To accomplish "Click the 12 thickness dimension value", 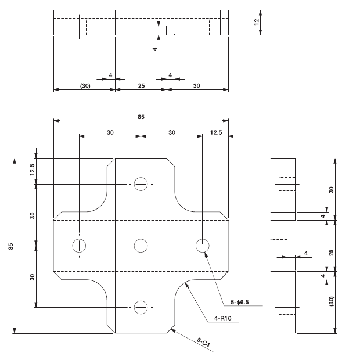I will [256, 22].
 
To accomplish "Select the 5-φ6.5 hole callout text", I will [239, 302].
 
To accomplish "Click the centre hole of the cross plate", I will [141, 245].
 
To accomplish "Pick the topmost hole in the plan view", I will [141, 184].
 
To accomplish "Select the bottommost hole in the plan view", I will [141, 307].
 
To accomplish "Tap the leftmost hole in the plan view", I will [79, 245].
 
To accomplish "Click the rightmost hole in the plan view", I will [202, 245].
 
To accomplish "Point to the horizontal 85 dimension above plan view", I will [141, 117].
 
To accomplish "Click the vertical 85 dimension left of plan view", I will [10, 246].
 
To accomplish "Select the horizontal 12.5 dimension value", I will [216, 132].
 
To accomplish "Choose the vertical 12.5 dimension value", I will [33, 170].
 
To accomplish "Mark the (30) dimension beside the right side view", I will [332, 302].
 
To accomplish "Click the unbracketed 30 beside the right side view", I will [332, 189].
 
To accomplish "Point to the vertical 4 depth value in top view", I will [155, 50].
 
